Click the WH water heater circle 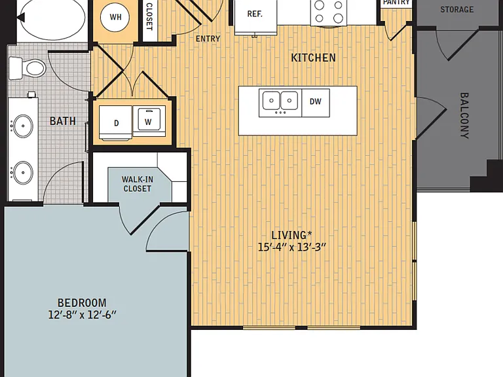point(115,17)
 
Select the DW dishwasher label point(315,101)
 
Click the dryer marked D point(115,123)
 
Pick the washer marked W point(149,121)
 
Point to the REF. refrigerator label point(255,14)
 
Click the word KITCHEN point(313,58)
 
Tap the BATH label point(63,121)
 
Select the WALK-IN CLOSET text point(138,184)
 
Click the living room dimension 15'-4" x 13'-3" point(292,247)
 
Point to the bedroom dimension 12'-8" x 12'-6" point(82,314)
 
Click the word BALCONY point(464,115)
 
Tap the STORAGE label point(456,10)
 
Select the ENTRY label point(208,39)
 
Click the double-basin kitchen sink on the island point(280,103)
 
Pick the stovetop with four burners point(329,12)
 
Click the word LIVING point(289,235)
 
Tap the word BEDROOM point(82,302)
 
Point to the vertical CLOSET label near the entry point(149,16)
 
